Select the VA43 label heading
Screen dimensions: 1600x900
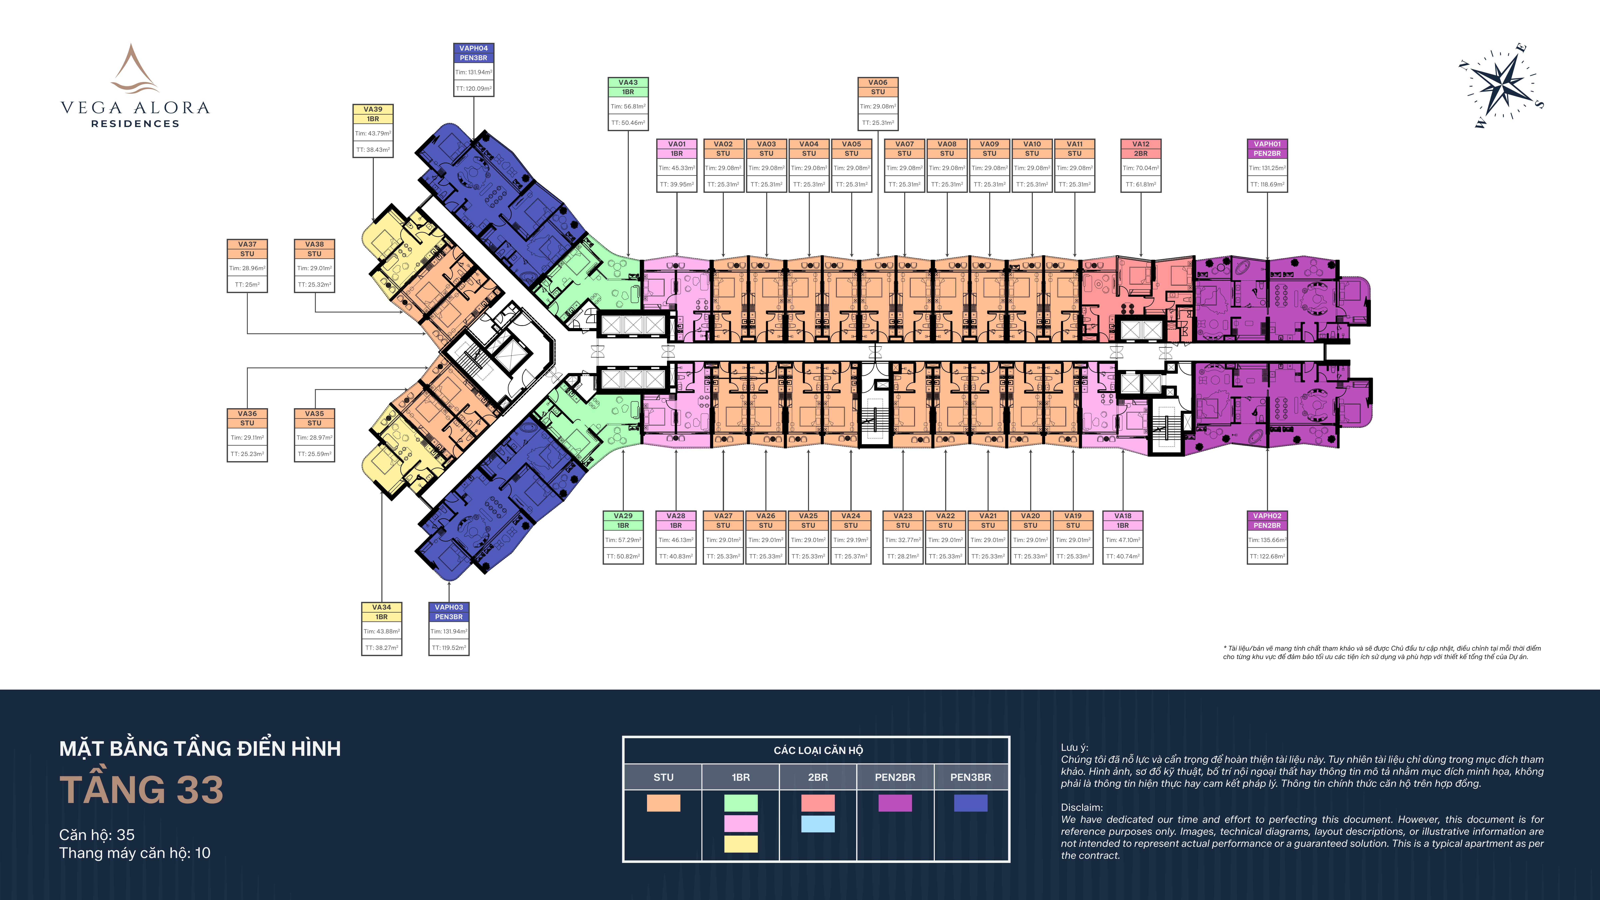pyautogui.click(x=628, y=87)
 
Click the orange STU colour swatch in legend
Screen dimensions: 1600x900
pyautogui.click(x=663, y=803)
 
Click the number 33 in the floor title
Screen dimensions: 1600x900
pyautogui.click(x=200, y=790)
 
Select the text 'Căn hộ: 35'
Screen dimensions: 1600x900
pyautogui.click(x=97, y=835)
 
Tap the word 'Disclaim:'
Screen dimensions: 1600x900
pyautogui.click(x=1082, y=807)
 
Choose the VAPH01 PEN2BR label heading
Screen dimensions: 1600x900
pyautogui.click(x=1267, y=148)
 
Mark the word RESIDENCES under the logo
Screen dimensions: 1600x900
pyautogui.click(x=135, y=124)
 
